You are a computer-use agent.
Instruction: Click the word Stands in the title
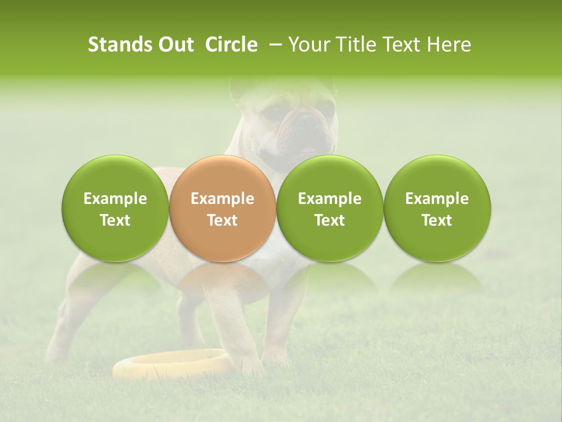pos(115,45)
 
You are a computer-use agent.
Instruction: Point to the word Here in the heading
pos(450,45)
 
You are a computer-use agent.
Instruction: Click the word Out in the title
pos(174,45)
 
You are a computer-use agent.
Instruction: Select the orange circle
pos(222,209)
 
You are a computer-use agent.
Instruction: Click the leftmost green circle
pos(115,209)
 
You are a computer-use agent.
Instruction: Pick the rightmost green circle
pos(437,209)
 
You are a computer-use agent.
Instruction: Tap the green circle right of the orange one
pos(330,209)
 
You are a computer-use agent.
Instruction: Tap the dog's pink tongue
pos(308,151)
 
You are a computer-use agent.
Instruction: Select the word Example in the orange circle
pos(222,199)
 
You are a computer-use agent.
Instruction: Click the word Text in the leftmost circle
pos(115,220)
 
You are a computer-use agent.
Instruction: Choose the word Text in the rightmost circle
pos(437,220)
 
